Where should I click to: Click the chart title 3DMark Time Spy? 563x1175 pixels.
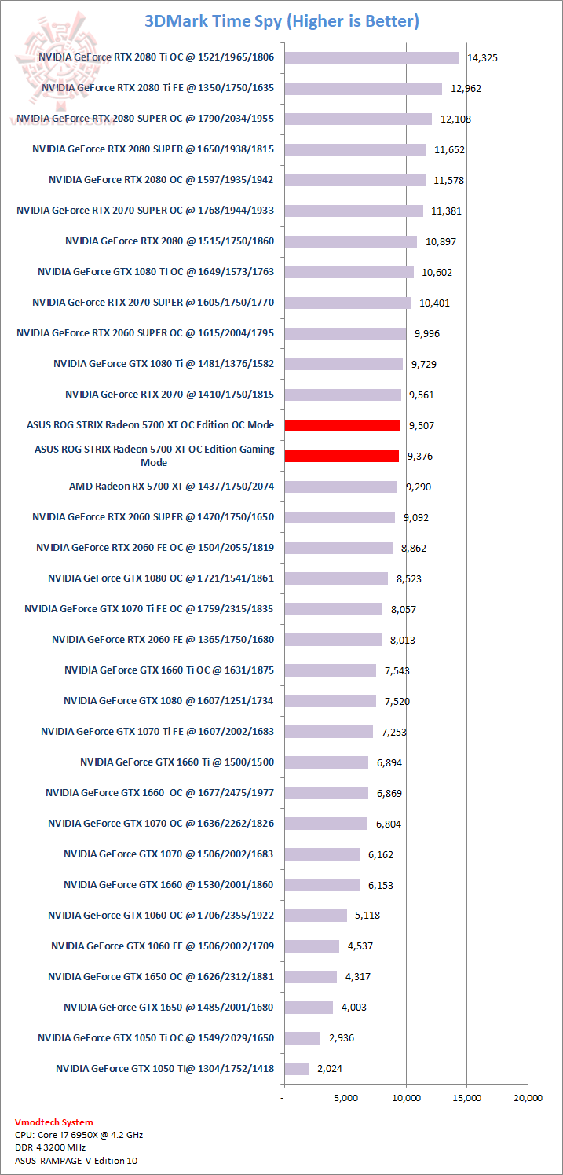tap(281, 21)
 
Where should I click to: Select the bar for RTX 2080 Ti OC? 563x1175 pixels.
tap(371, 57)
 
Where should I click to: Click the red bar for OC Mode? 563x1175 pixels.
tap(342, 425)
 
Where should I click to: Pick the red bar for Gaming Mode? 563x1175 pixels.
tap(342, 456)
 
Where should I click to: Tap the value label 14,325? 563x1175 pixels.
tap(482, 58)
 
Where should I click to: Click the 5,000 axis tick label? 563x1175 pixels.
tap(345, 1098)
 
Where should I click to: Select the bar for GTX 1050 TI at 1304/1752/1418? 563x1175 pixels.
tap(297, 1069)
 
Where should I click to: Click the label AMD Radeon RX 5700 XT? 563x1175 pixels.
tap(171, 487)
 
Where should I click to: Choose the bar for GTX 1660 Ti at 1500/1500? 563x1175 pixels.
tap(326, 762)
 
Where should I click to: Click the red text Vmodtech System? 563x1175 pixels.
tap(53, 1122)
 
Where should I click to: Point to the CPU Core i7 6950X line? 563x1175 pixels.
tap(79, 1135)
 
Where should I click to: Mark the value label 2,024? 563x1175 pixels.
tap(330, 1069)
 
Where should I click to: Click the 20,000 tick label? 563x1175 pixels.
tap(527, 1098)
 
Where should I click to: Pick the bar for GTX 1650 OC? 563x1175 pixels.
tap(311, 977)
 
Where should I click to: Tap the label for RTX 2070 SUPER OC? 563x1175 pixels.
tap(145, 211)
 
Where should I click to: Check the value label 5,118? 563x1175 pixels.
tap(367, 916)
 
